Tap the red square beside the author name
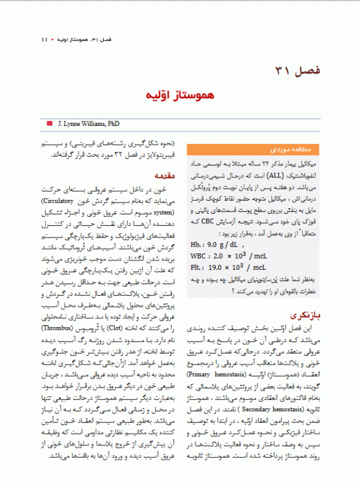pyautogui.click(x=50, y=124)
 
